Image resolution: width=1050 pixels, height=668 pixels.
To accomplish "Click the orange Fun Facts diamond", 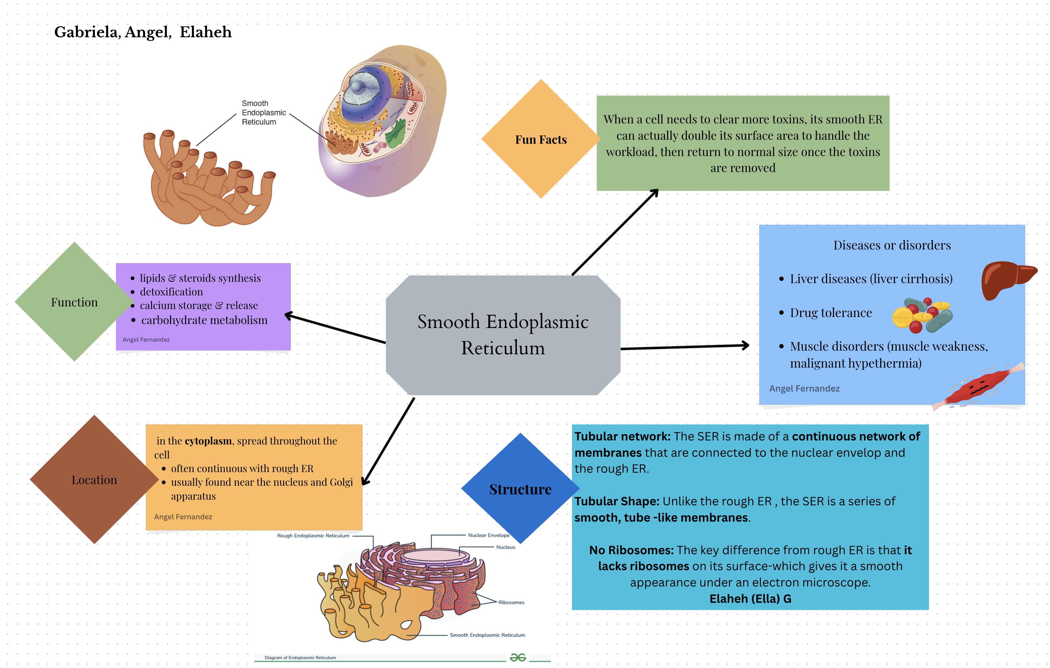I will pos(541,139).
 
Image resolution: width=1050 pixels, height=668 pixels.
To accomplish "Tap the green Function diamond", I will pos(75,302).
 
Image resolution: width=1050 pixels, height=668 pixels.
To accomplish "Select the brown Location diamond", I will pos(94,480).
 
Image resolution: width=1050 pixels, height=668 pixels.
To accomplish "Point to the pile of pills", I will pos(922,315).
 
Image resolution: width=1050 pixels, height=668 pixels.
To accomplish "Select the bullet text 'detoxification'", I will pos(171,292).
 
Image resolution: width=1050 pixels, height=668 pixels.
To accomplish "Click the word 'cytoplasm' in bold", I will pos(208,441).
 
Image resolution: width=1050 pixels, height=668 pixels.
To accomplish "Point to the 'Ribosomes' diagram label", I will pos(511,602).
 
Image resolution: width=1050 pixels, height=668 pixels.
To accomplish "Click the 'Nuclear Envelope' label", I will pos(488,535).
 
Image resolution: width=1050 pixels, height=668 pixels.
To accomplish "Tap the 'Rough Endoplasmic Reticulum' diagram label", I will pos(313,536).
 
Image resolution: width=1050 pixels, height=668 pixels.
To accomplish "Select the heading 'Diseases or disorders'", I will pos(892,245).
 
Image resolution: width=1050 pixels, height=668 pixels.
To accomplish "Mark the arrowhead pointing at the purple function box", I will pos(289,315).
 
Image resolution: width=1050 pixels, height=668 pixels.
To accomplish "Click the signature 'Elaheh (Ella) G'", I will pos(750,599).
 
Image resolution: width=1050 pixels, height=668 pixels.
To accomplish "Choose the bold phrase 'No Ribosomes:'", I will pos(631,550).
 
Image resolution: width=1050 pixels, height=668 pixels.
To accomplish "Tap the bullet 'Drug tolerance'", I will pos(831,313).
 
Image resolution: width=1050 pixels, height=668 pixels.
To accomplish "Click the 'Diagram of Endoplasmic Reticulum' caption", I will pos(300,658).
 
